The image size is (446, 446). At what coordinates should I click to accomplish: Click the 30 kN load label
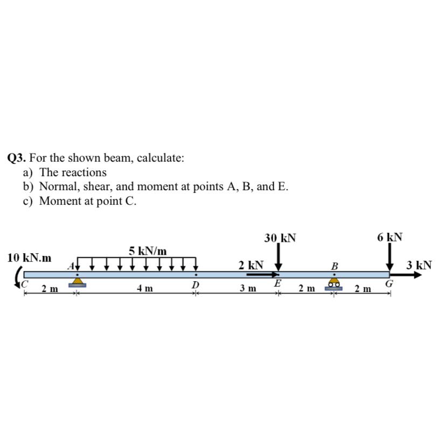280,238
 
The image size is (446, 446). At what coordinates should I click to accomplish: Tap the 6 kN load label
389,238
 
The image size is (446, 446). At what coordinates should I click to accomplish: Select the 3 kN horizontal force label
419,265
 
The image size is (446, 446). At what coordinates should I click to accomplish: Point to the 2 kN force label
251,265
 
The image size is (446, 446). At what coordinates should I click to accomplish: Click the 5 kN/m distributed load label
148,250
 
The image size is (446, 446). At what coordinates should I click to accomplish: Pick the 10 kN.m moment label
30,257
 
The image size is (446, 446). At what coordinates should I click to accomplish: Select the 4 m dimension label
144,289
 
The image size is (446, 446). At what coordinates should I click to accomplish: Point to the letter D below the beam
196,284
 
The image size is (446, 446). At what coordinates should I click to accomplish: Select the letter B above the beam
334,266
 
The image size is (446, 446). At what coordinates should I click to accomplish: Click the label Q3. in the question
17,158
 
